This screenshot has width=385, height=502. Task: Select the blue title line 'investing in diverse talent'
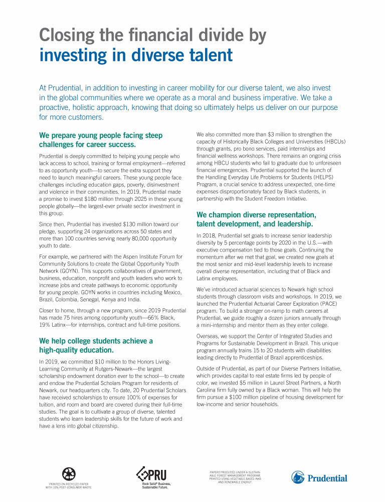(x=136, y=55)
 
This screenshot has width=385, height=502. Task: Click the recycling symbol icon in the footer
(x=69, y=473)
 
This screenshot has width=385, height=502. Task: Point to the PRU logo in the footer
(x=152, y=474)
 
